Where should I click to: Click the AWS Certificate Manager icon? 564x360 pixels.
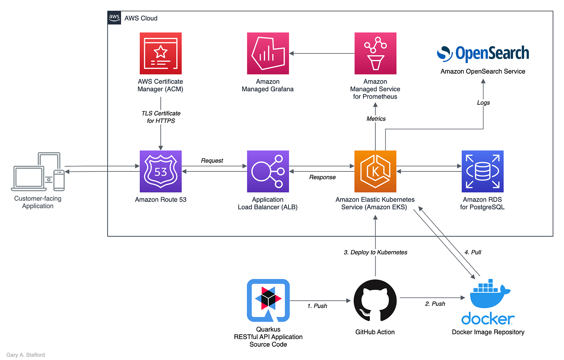coord(160,53)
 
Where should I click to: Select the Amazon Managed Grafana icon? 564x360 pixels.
coord(268,53)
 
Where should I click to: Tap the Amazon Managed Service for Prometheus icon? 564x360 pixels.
coord(375,53)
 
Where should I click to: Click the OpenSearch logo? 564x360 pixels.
coord(483,54)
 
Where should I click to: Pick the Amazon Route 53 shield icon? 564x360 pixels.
coord(160,171)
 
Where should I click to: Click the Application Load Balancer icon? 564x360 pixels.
coord(268,171)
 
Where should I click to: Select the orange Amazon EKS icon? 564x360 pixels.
coord(375,171)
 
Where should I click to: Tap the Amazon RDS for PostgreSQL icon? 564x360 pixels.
coord(482,171)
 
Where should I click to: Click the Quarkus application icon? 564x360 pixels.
coord(268,300)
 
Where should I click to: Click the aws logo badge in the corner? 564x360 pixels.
coord(114,18)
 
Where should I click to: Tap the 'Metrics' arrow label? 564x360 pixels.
coord(376,119)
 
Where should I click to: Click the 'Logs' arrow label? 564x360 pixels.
coord(483,103)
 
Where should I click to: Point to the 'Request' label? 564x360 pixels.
coord(212,161)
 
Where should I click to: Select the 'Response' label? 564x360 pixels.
coord(322,177)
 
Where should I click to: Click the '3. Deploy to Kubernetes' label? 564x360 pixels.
coord(375,252)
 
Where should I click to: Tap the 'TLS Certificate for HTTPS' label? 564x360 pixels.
coord(161,117)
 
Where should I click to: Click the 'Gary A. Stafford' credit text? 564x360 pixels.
coord(25,355)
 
